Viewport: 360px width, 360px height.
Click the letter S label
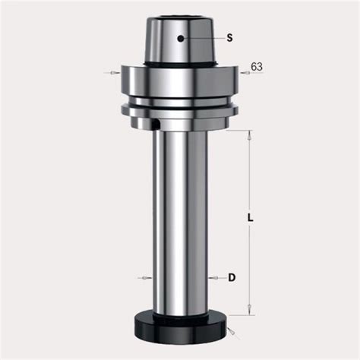229,38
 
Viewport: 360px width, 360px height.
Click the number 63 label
257,67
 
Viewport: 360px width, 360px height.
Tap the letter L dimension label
250,218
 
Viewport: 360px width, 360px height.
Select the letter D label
232,278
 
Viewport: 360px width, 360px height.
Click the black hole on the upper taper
181,39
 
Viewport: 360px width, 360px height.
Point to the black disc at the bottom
180,327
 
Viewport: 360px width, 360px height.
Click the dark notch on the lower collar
156,124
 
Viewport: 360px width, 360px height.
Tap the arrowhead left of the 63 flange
115,73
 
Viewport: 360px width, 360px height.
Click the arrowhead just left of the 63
245,73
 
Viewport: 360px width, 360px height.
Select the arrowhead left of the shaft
147,278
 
